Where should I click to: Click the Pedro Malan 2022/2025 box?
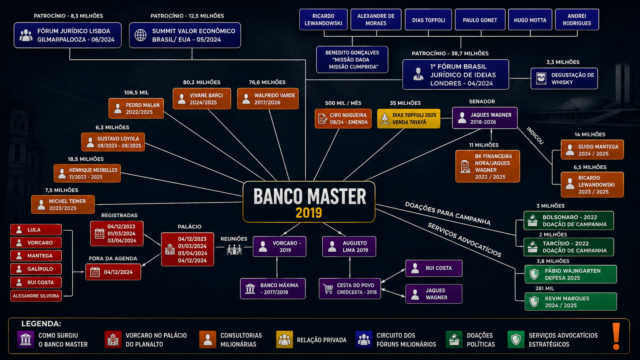(x=136, y=108)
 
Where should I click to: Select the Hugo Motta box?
(x=530, y=20)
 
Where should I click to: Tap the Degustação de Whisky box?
(x=564, y=78)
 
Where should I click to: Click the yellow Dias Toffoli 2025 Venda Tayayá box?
(x=408, y=119)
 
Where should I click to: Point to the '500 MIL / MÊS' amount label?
(x=343, y=103)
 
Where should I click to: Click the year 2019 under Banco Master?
(x=309, y=213)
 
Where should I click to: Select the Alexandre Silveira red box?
(x=36, y=296)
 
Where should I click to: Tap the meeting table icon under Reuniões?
(x=234, y=249)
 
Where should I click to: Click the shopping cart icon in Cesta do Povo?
(x=328, y=288)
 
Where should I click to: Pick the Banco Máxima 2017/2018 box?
(x=273, y=288)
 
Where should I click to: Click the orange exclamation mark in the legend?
(x=616, y=336)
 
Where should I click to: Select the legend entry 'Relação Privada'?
(x=312, y=340)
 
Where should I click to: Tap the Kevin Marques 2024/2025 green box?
(x=571, y=302)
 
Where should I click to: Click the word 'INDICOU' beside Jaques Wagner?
(x=535, y=135)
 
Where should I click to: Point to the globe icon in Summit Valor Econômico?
(x=140, y=35)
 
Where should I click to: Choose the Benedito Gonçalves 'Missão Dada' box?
(x=352, y=60)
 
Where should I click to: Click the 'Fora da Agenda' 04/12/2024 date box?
(x=113, y=272)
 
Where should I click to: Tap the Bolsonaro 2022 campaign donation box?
(x=568, y=220)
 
